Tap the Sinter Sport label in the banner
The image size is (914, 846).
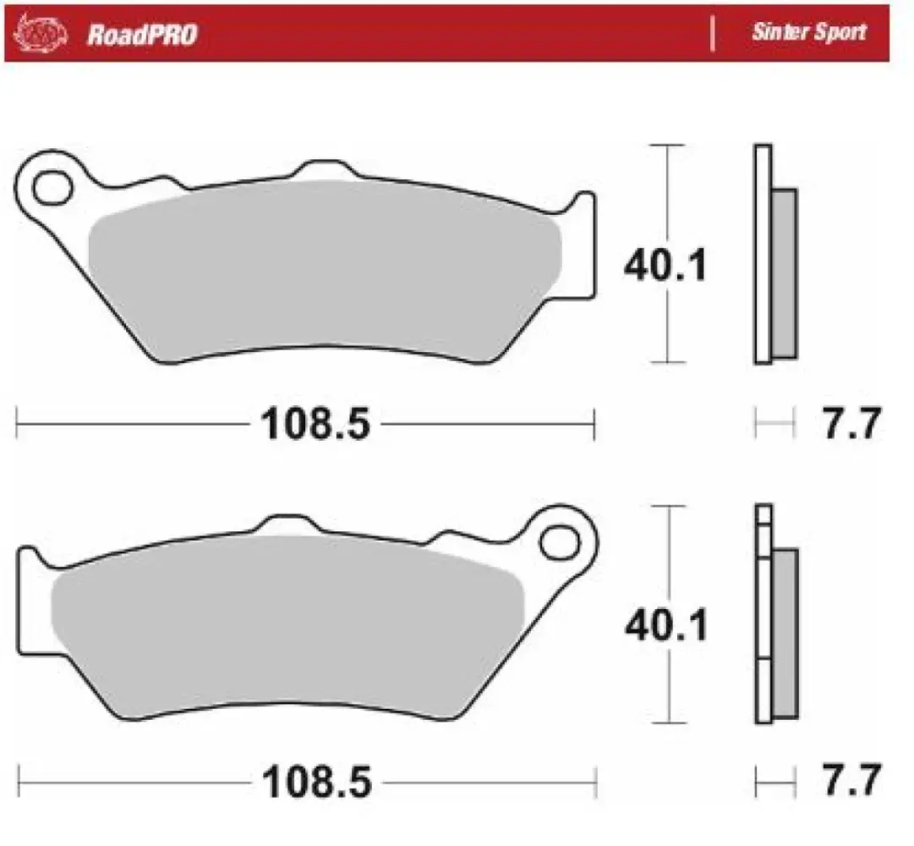809,33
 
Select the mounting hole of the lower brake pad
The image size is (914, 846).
559,538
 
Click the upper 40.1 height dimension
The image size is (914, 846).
665,267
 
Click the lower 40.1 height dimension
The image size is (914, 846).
665,626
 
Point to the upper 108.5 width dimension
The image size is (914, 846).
316,424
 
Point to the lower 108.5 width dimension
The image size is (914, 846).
316,783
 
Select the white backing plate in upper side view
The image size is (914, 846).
762,254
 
